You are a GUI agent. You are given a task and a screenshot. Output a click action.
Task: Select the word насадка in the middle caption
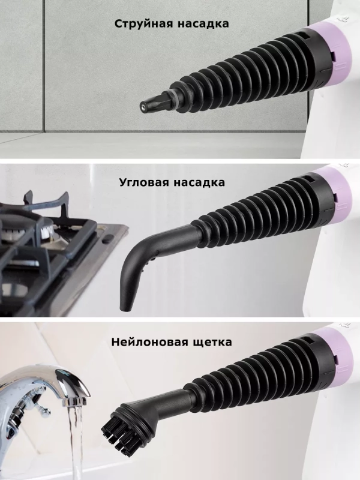pos(200,182)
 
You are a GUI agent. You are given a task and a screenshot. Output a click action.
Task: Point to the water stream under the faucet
pos(74,444)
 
